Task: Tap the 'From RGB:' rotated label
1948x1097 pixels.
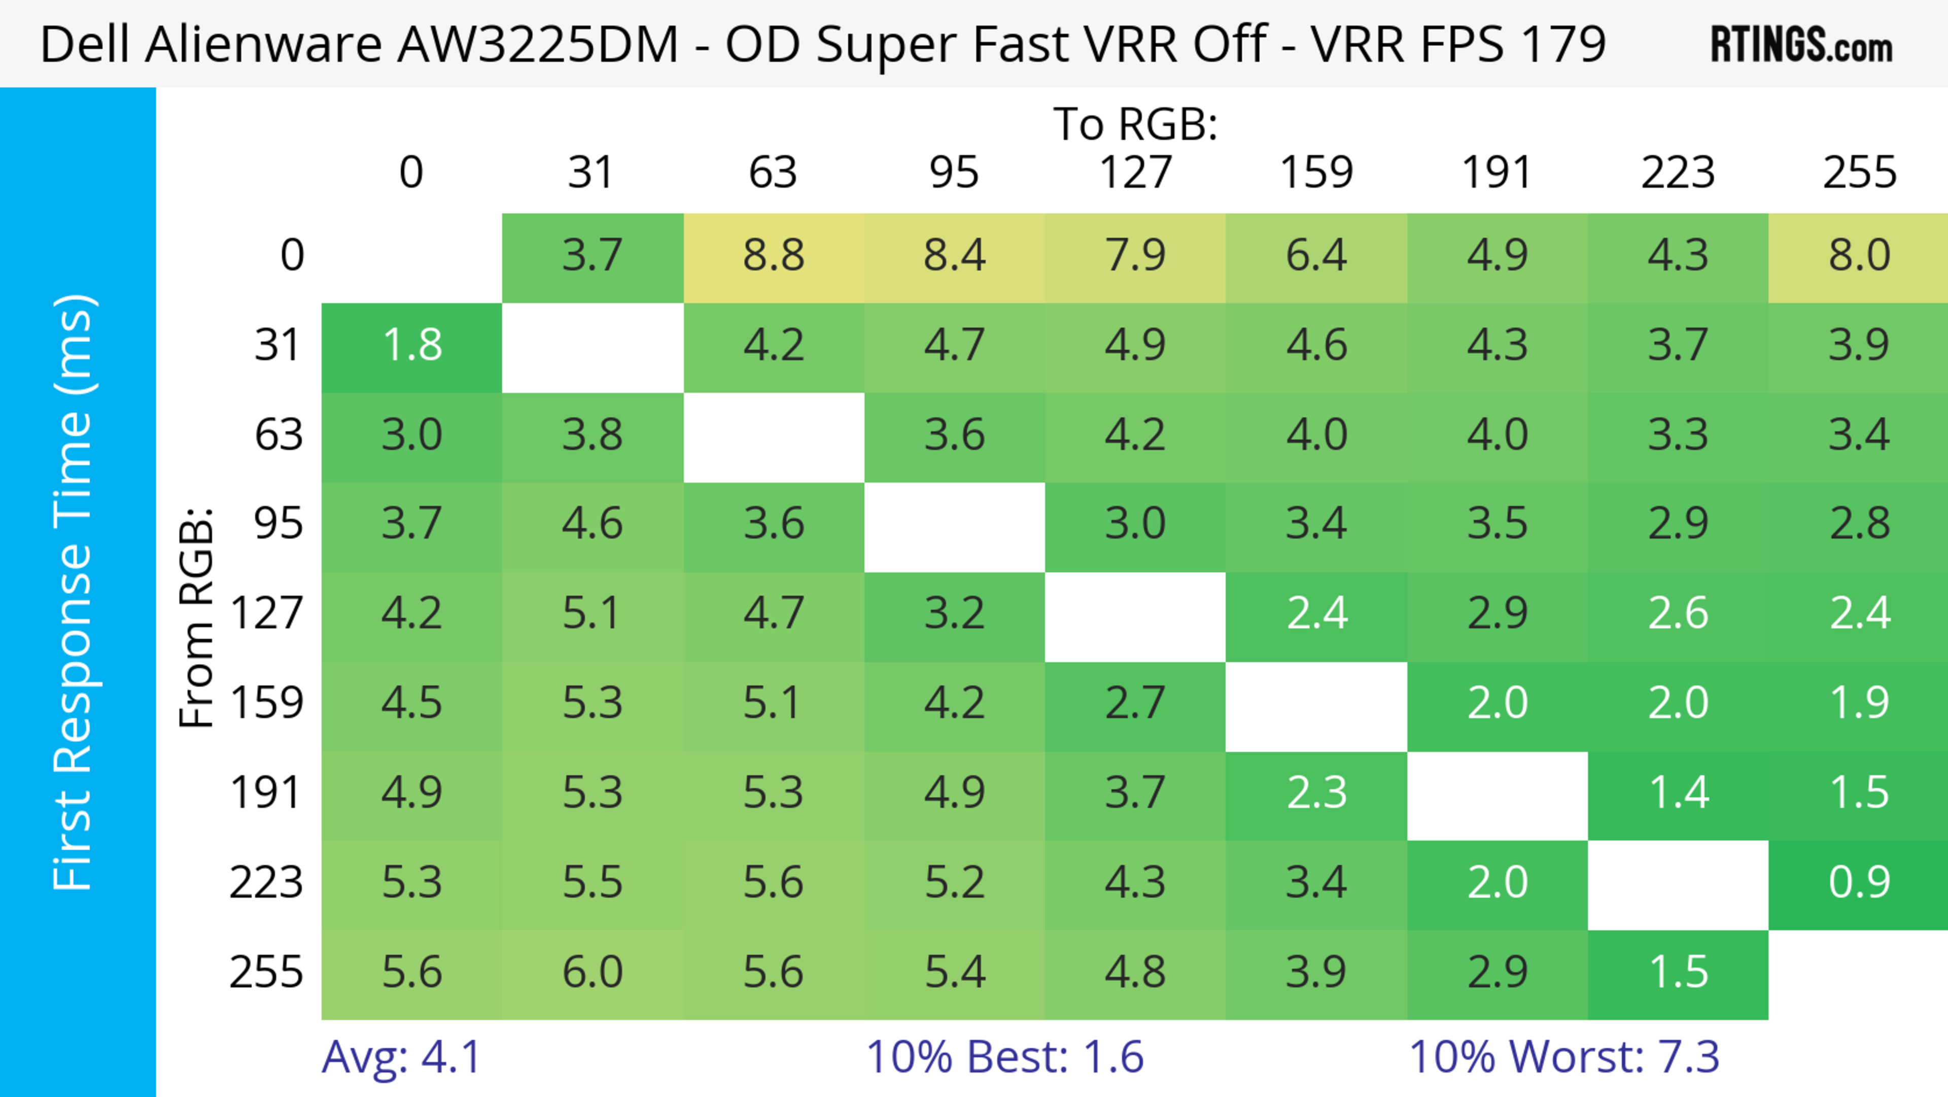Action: (x=197, y=617)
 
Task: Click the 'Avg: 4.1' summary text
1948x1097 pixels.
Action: (x=401, y=1057)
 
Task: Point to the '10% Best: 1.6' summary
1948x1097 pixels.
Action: (x=1004, y=1057)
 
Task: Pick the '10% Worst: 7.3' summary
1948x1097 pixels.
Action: (x=1564, y=1057)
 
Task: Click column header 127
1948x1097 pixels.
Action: (x=1135, y=173)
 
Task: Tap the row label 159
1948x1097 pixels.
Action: (x=267, y=704)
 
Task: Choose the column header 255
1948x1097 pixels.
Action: (x=1859, y=173)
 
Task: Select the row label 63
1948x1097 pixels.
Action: (x=279, y=436)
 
